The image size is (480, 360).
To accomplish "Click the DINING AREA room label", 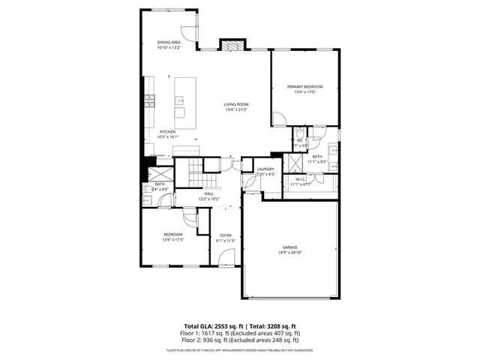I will point(169,42).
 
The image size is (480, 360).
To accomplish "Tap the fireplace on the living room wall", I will point(232,45).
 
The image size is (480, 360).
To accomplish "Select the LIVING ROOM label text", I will point(236,104).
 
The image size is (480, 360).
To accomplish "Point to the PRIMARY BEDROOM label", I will point(304,87).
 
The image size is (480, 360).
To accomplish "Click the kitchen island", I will point(180,105).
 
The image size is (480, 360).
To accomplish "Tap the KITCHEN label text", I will point(167,131).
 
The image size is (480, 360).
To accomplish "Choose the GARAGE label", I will point(290,247).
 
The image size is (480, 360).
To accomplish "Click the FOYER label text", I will point(226,235).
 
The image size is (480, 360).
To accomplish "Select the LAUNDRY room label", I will point(265,169).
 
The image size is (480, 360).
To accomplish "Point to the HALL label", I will point(208,193).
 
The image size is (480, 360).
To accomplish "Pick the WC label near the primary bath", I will point(298,140).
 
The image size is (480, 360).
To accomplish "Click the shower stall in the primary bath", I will point(296,161).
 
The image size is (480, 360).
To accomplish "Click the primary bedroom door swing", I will point(278,118).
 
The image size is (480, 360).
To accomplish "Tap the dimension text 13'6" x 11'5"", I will point(173,241).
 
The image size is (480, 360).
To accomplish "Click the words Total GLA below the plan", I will point(198,325).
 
